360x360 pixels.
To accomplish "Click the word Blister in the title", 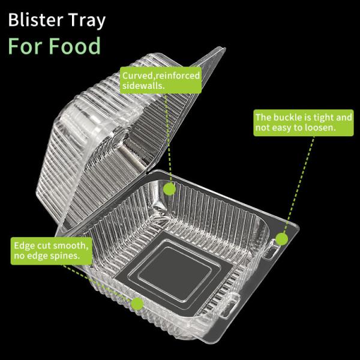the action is (x=35, y=20).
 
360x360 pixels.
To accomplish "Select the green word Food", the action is (x=75, y=46).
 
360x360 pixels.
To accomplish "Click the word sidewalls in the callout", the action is (x=142, y=86).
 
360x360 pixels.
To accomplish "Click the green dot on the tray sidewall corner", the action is (x=169, y=189).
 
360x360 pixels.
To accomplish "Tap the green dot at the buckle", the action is (x=281, y=239).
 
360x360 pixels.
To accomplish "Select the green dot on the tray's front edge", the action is (x=137, y=304).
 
